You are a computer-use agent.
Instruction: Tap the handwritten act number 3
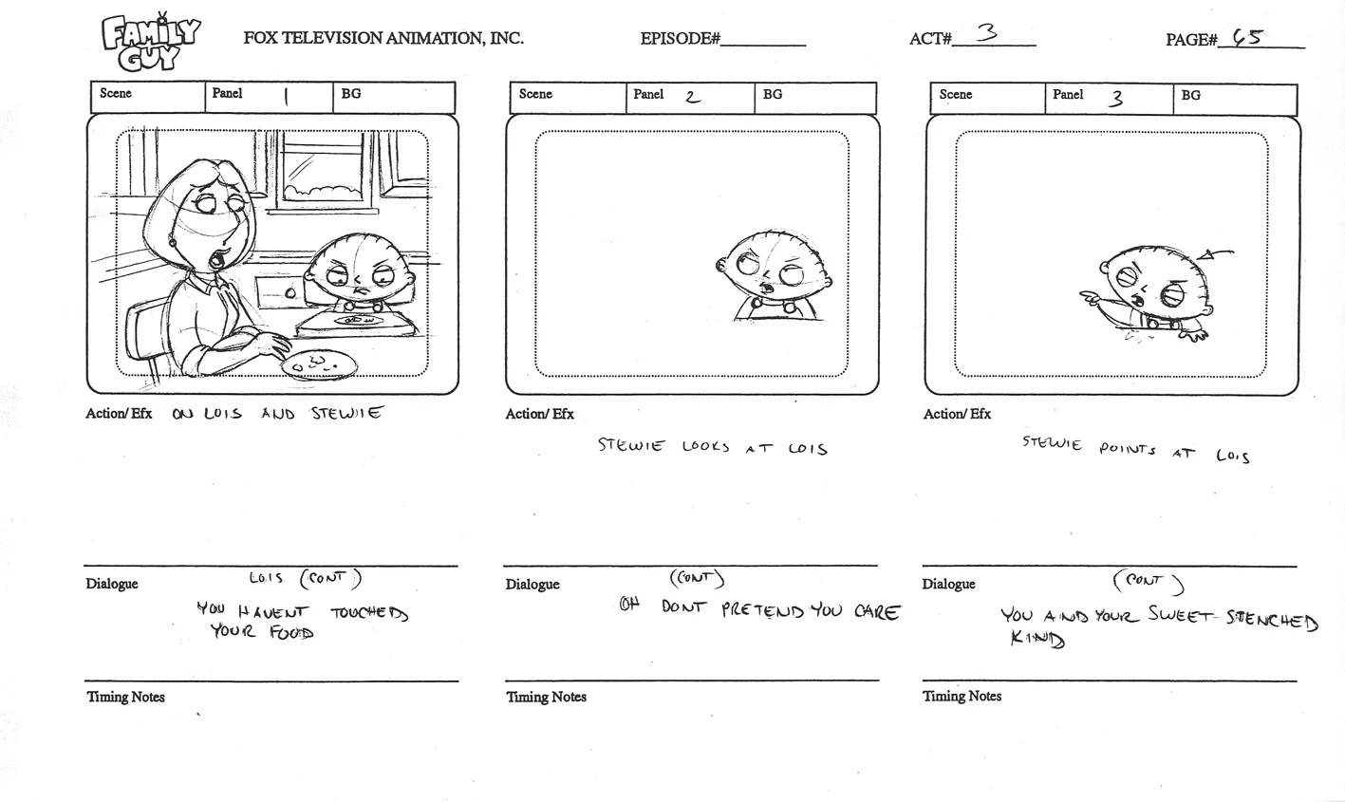click(x=987, y=34)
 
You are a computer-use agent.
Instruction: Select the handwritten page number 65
click(x=1247, y=38)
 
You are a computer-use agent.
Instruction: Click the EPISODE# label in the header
click(x=680, y=39)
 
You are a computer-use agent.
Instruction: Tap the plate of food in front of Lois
click(x=319, y=364)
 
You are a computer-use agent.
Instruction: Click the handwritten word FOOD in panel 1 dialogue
click(x=290, y=632)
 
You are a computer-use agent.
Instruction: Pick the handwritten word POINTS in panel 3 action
click(x=1127, y=449)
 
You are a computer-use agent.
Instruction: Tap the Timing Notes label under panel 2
click(x=546, y=697)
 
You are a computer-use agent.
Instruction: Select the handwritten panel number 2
click(x=692, y=96)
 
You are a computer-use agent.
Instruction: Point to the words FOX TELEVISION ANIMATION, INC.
click(x=383, y=38)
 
